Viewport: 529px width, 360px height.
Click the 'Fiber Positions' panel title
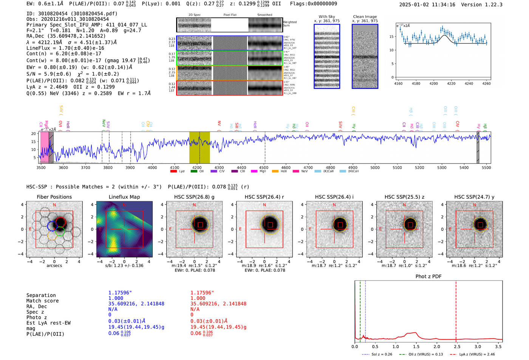click(x=54, y=197)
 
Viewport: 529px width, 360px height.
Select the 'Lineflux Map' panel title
click(x=124, y=197)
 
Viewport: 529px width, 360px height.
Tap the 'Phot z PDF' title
click(x=428, y=277)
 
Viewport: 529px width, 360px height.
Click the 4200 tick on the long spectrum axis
click(x=196, y=167)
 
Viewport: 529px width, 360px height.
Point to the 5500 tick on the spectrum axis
click(x=486, y=167)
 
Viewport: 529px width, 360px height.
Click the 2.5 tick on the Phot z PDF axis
click(x=457, y=346)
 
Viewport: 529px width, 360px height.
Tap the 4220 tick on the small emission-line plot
click(x=451, y=83)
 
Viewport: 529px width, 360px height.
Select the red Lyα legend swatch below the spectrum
click(x=173, y=172)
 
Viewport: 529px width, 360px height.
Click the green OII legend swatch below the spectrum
click(x=194, y=172)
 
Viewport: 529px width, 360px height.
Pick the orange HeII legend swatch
click(x=275, y=172)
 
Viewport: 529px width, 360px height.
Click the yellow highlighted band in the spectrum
click(x=200, y=147)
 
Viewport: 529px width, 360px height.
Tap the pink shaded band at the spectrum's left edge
click(x=45, y=147)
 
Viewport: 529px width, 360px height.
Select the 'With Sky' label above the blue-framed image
click(x=326, y=17)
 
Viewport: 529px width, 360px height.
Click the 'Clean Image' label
click(x=365, y=17)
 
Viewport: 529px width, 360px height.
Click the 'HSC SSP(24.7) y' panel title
click(x=474, y=197)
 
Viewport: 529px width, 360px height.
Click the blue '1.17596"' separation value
click(x=120, y=293)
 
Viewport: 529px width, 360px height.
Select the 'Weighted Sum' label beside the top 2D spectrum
click(x=289, y=23)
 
